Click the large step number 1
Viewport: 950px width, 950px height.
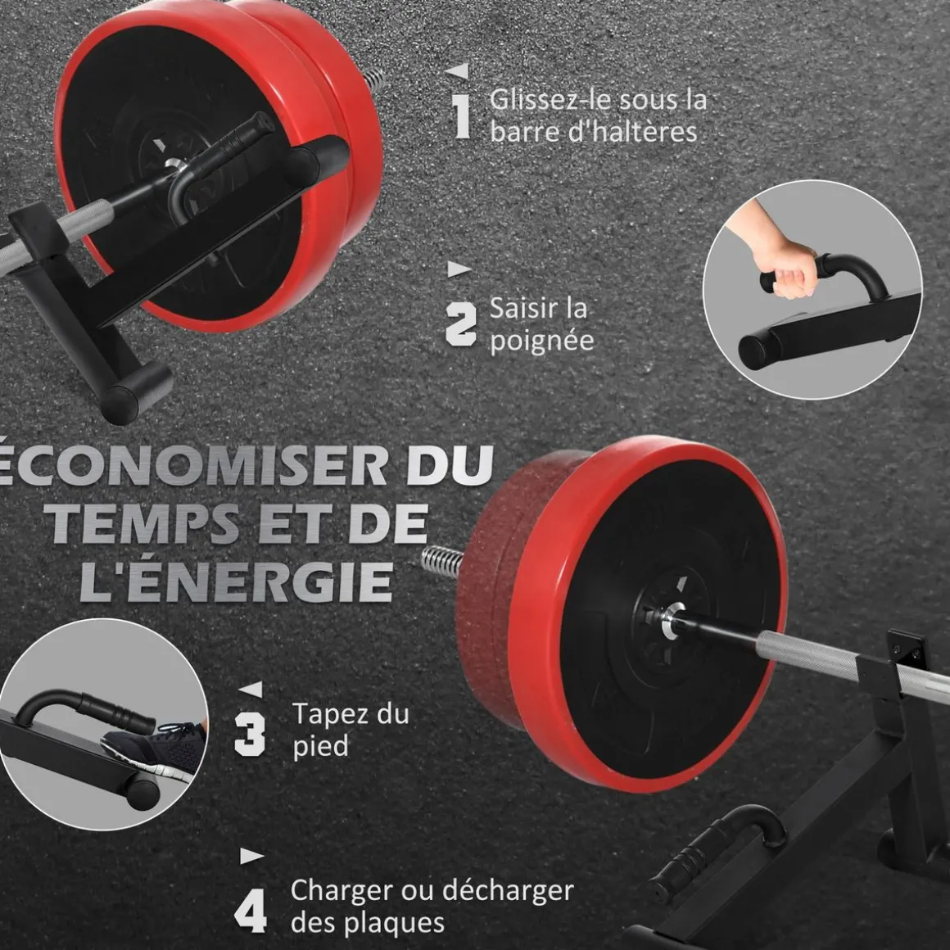click(x=462, y=115)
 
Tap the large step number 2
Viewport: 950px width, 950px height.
click(x=461, y=325)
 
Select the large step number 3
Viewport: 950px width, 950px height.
click(x=251, y=734)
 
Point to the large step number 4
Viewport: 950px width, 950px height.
click(x=251, y=911)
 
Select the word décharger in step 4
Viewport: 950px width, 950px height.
click(x=508, y=891)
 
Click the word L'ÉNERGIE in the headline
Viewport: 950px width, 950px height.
click(x=237, y=581)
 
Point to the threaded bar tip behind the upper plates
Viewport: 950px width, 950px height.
click(x=373, y=79)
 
